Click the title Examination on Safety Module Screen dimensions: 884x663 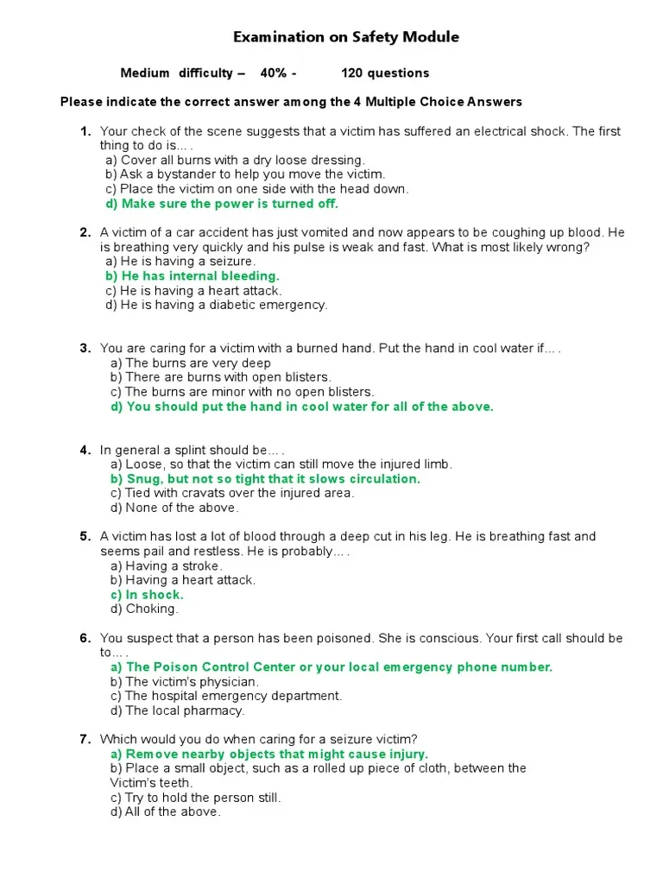pos(346,37)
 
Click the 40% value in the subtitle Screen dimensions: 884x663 pos(274,73)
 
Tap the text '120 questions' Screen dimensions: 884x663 pos(385,73)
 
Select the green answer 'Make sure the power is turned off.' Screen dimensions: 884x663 pos(222,204)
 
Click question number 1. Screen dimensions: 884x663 pos(85,131)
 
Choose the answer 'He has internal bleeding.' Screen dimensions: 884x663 pos(193,276)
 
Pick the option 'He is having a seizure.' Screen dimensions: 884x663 pos(180,262)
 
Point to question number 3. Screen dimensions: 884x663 pos(85,349)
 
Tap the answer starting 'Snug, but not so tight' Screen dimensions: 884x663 pos(265,479)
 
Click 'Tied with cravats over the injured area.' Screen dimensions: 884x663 pos(232,494)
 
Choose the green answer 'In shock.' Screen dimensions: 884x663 pos(147,595)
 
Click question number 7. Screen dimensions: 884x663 pos(85,740)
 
